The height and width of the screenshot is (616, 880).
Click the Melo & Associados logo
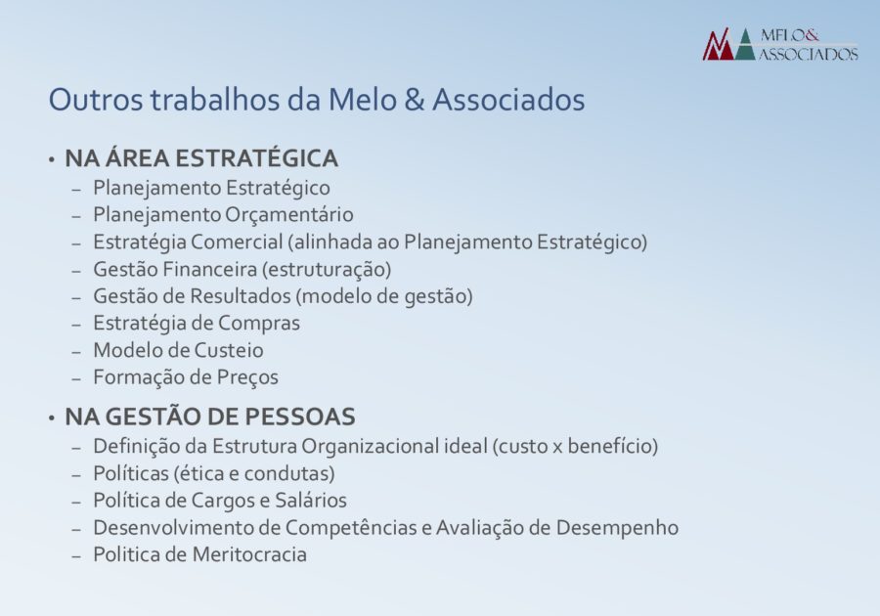tap(780, 44)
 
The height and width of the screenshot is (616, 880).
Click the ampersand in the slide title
tap(414, 100)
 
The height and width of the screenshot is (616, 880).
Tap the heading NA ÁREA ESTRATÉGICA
tap(201, 157)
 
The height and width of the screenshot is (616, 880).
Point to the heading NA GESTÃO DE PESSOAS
tap(210, 417)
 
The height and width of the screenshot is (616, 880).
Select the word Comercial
tap(237, 242)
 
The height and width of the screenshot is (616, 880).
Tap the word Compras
tap(259, 324)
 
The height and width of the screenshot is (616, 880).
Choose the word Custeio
tap(229, 350)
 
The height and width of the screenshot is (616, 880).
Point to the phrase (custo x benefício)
tap(575, 446)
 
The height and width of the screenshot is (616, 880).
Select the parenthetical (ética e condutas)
tap(254, 473)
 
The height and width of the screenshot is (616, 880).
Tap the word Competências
tap(358, 528)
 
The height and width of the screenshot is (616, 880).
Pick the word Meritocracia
tap(249, 554)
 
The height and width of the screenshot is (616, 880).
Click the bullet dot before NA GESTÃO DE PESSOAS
tap(52, 418)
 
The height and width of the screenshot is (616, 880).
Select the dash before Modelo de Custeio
tap(77, 352)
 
